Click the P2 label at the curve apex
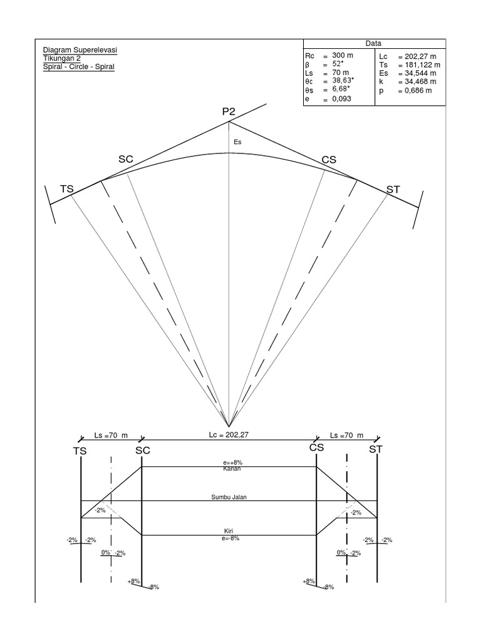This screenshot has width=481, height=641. (229, 112)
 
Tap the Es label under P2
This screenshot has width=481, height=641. (237, 143)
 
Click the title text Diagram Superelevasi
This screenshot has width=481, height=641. (80, 50)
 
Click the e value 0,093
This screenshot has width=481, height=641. (343, 99)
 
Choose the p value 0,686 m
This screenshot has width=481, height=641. (415, 90)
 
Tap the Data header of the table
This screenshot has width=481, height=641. (374, 43)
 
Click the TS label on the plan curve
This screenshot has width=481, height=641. (67, 188)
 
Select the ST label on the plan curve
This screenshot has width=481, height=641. (393, 188)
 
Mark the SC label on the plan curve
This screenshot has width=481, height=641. (126, 160)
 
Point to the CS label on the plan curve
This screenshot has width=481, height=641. (329, 160)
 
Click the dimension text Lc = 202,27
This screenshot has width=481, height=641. (229, 434)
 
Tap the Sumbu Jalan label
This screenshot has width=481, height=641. (229, 497)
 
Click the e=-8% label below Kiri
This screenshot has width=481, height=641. (229, 538)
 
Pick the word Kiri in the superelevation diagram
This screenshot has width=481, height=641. (229, 531)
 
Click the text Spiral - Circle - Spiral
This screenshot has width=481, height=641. (78, 66)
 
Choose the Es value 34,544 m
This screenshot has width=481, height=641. (420, 73)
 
